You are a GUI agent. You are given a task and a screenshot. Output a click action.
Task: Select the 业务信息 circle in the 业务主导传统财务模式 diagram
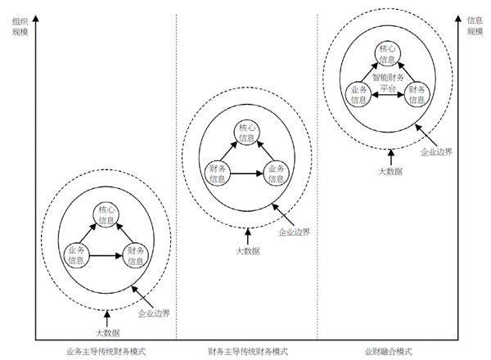pyautogui.click(x=76, y=255)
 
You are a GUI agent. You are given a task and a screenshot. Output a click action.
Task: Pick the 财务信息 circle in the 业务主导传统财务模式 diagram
pyautogui.click(x=136, y=255)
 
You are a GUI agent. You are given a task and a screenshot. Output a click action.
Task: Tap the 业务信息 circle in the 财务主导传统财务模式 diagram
pyautogui.click(x=277, y=173)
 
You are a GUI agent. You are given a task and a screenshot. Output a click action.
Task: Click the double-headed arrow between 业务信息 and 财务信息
pyautogui.click(x=387, y=96)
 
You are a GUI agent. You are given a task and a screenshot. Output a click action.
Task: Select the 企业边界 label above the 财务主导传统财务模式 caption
pyautogui.click(x=294, y=232)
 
